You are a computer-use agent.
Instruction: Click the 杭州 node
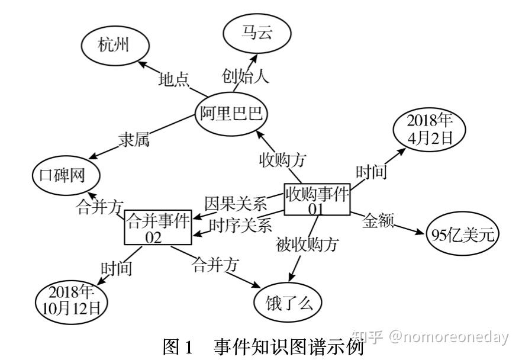click(114, 46)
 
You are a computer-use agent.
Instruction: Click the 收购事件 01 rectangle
click(317, 200)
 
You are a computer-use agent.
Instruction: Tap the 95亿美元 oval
click(462, 235)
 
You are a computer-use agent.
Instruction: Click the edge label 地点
click(173, 79)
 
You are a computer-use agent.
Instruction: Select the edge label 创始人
click(245, 76)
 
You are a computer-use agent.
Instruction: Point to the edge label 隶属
click(133, 140)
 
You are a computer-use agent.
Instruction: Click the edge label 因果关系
click(236, 203)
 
